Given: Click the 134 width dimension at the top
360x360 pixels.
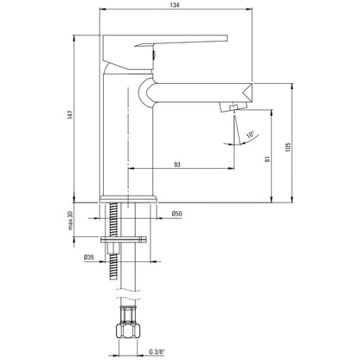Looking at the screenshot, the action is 175,5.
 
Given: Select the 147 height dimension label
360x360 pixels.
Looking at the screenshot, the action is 71,114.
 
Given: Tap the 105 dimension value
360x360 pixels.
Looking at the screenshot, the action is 288,147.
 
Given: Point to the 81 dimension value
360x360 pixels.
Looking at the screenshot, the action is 267,158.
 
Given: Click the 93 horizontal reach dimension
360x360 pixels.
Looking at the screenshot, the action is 177,164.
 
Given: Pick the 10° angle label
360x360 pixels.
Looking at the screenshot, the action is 250,135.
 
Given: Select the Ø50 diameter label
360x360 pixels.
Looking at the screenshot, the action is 177,214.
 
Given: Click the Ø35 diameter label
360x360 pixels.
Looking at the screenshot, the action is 89,257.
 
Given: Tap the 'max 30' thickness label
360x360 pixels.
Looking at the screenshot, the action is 70,221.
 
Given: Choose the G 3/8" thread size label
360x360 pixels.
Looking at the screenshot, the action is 157,351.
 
